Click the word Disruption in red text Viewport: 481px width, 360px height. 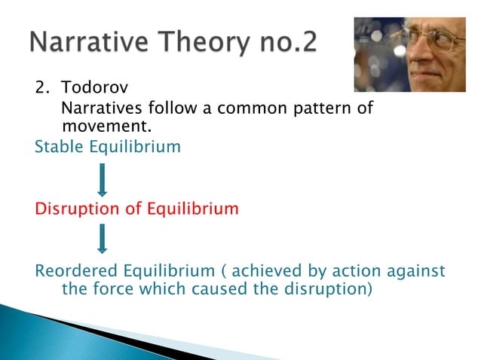click(x=77, y=209)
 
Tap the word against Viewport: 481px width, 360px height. click(x=414, y=270)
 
